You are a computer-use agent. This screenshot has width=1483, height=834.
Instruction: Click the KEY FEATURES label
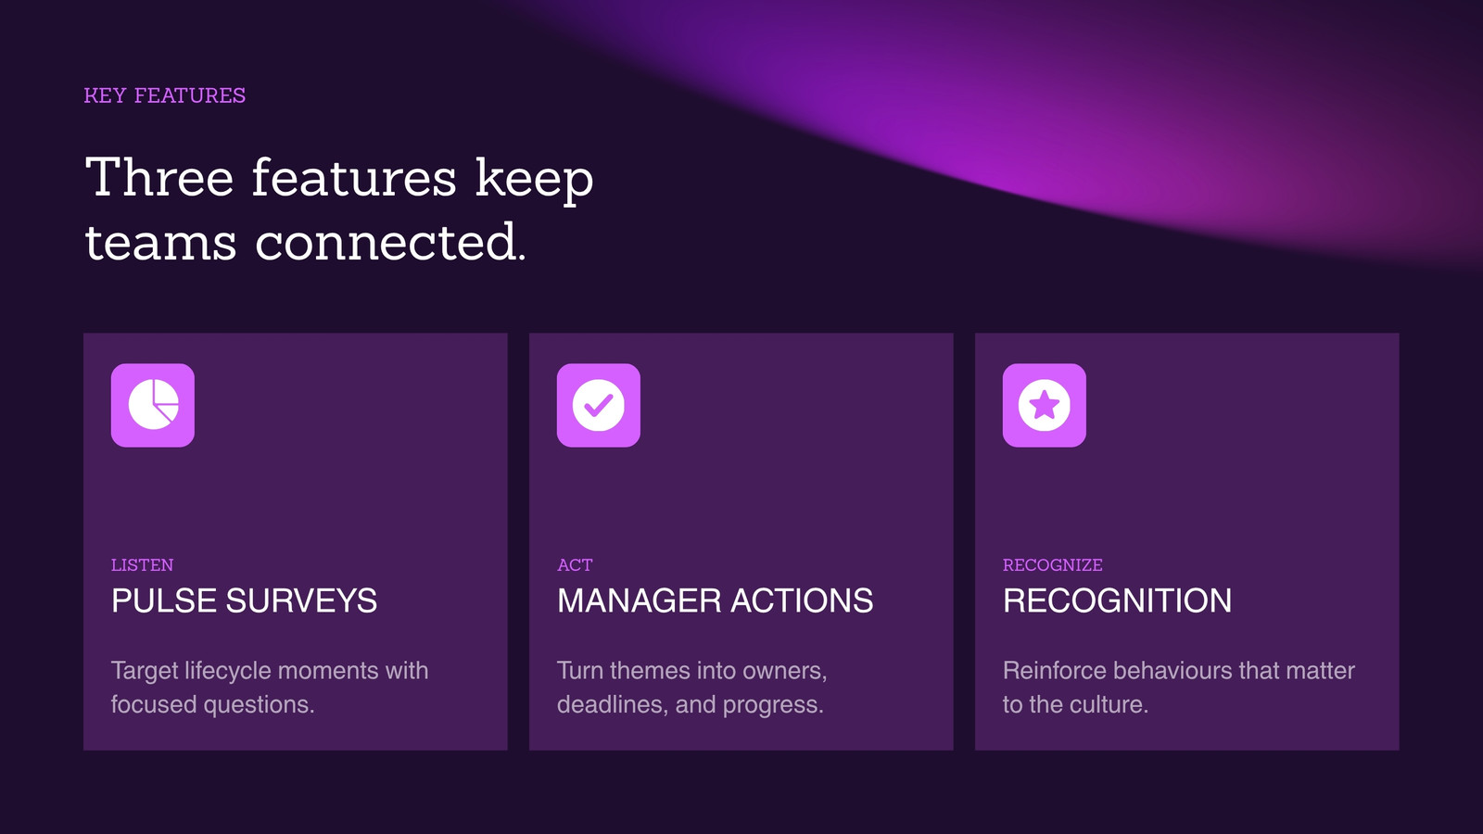tap(165, 96)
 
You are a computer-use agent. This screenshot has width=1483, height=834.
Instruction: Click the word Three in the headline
tap(159, 177)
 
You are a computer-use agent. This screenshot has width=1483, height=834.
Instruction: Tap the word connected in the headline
tap(390, 242)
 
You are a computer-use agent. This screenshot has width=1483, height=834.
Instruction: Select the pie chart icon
tap(153, 405)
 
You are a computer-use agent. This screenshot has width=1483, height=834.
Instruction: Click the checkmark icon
tap(599, 405)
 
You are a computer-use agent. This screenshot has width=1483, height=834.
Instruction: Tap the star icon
tap(1044, 405)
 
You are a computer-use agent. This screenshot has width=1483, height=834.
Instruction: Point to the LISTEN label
tap(143, 565)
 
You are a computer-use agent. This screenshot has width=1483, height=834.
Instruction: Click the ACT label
tap(575, 565)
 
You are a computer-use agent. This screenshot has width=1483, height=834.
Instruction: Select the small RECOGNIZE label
tap(1053, 565)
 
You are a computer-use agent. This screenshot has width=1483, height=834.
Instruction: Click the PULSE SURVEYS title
tap(245, 601)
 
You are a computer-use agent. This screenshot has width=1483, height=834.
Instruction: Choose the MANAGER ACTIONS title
tap(715, 601)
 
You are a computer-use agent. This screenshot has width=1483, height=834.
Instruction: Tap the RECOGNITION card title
tap(1118, 601)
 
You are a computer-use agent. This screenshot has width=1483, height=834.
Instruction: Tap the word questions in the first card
tap(259, 705)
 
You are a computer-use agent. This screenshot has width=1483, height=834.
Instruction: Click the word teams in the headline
tap(161, 243)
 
